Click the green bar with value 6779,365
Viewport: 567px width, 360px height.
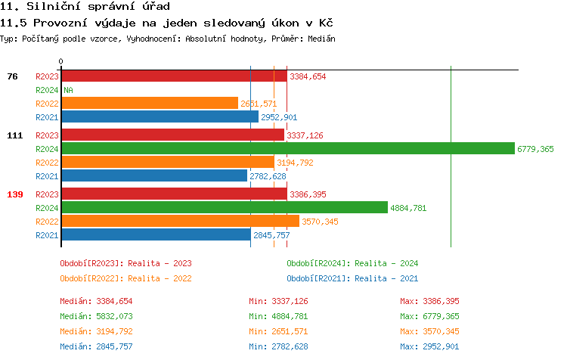click(x=287, y=149)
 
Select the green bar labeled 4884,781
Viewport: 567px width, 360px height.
click(x=225, y=207)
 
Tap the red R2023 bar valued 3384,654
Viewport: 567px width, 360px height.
click(x=174, y=76)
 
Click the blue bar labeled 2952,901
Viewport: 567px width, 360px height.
click(x=160, y=117)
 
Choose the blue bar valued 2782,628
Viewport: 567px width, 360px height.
click(x=154, y=176)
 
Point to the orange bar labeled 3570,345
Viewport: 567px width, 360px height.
click(x=180, y=221)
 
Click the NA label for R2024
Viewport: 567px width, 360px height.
click(x=68, y=90)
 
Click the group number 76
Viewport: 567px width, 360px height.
click(x=12, y=76)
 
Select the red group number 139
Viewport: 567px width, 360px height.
click(x=15, y=194)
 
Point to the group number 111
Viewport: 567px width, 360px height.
click(x=15, y=135)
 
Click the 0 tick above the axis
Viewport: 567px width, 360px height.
click(x=61, y=61)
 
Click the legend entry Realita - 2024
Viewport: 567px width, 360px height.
click(x=352, y=263)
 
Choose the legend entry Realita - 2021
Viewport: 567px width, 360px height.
click(x=352, y=278)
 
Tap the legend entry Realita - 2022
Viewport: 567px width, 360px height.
click(x=125, y=278)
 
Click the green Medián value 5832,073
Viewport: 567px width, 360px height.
click(x=96, y=316)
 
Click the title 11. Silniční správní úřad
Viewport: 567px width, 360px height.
click(x=79, y=7)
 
